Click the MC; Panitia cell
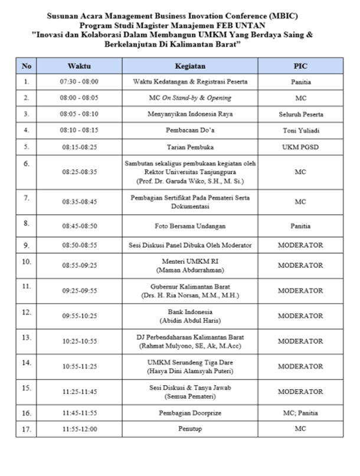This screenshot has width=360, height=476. point(300,413)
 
